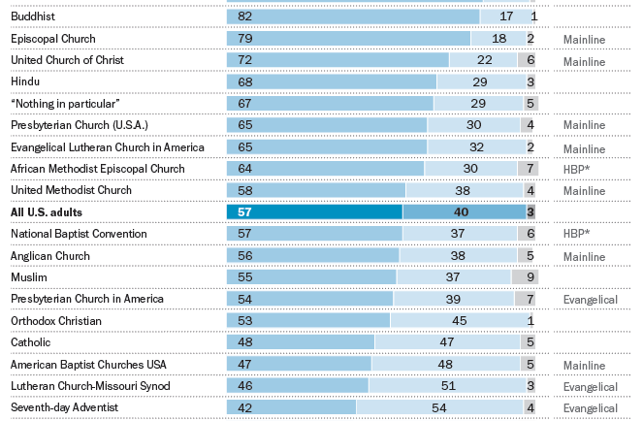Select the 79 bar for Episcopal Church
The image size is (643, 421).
pyautogui.click(x=348, y=38)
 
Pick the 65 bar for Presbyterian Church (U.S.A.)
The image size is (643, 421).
pyautogui.click(x=327, y=125)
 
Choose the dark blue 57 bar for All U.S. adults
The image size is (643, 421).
pyautogui.click(x=314, y=211)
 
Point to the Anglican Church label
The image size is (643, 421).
pyautogui.click(x=49, y=256)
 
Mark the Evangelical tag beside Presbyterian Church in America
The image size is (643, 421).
pyautogui.click(x=590, y=300)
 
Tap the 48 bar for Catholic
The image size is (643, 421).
pyautogui.click(x=299, y=342)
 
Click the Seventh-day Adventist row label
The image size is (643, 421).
pyautogui.click(x=64, y=407)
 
